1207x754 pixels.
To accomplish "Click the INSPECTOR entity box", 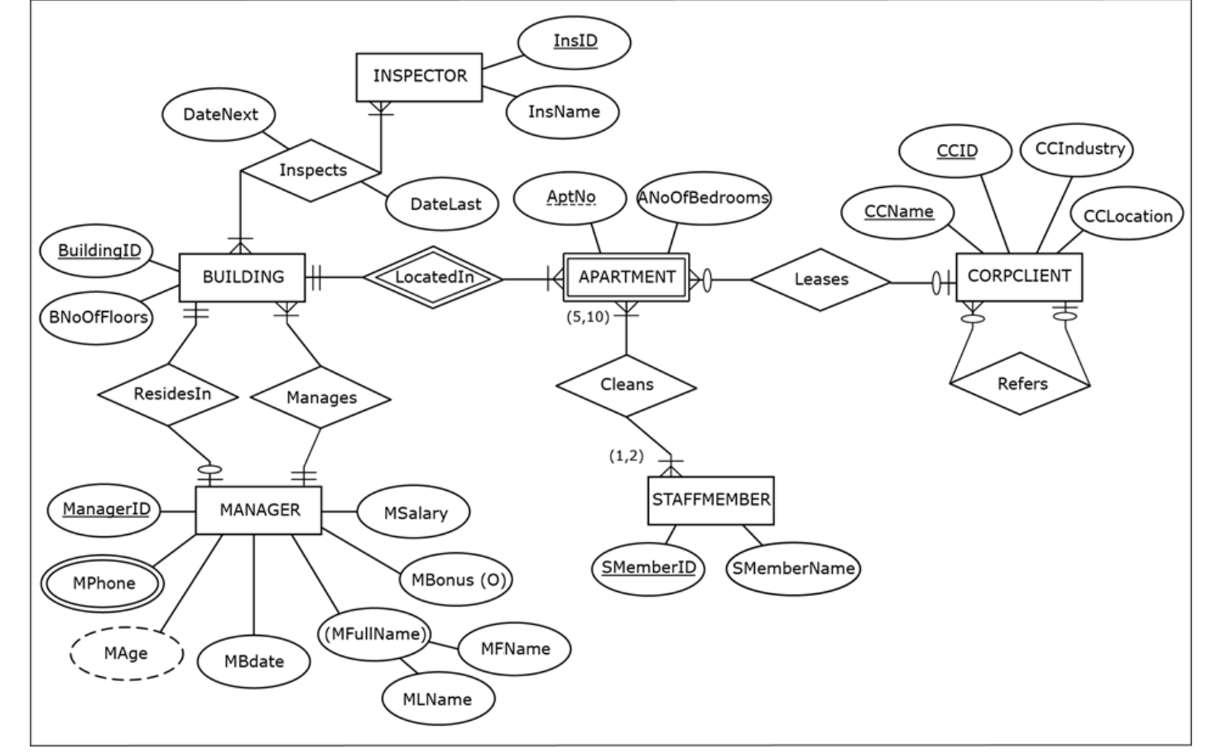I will point(419,77).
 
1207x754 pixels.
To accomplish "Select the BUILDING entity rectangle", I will point(243,277).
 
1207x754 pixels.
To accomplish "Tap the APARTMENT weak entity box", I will point(626,277).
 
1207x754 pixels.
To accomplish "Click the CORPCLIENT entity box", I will point(1018,276).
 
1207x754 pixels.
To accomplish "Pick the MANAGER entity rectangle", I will point(259,510).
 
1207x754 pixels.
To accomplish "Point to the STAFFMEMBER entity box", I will point(710,500).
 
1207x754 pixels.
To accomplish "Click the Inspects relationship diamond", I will point(312,170).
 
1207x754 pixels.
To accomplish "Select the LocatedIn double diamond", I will point(434,277).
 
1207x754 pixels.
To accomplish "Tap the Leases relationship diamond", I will point(820,280).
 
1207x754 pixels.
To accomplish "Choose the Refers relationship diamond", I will point(1022,384).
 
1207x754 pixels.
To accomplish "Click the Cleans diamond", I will point(627,385).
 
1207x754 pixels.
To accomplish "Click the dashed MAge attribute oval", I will point(126,654).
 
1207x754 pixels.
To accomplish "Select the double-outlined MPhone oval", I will point(103,584).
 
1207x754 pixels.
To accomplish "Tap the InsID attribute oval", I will point(575,41).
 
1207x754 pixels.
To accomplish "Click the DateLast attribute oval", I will point(445,204).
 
